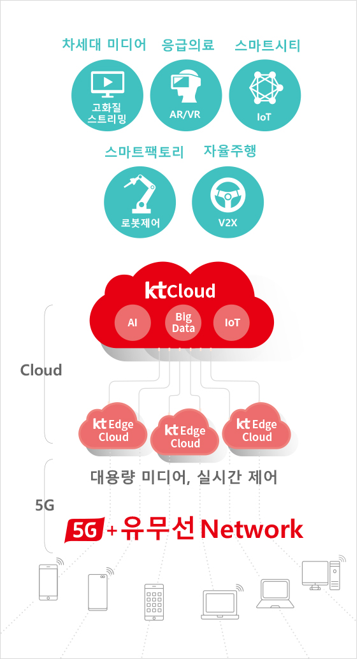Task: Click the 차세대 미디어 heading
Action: click(x=104, y=45)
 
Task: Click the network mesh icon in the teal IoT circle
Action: click(x=265, y=87)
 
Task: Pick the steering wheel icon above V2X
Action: click(x=227, y=196)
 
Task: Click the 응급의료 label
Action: click(x=188, y=45)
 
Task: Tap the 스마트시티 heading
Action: click(x=267, y=45)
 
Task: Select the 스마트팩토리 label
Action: click(x=144, y=152)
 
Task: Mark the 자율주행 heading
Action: click(x=229, y=151)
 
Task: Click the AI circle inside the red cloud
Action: click(x=133, y=322)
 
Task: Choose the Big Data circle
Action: click(x=183, y=322)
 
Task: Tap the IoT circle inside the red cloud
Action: click(x=232, y=322)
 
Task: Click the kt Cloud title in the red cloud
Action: click(x=180, y=291)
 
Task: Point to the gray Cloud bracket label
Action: click(x=41, y=370)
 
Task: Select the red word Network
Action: click(x=252, y=530)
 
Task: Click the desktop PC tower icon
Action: click(x=335, y=575)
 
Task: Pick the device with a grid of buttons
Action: click(x=154, y=602)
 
